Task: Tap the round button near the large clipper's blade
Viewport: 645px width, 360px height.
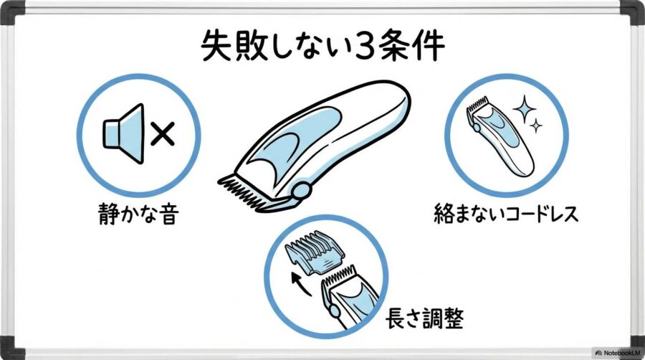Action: pyautogui.click(x=302, y=190)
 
